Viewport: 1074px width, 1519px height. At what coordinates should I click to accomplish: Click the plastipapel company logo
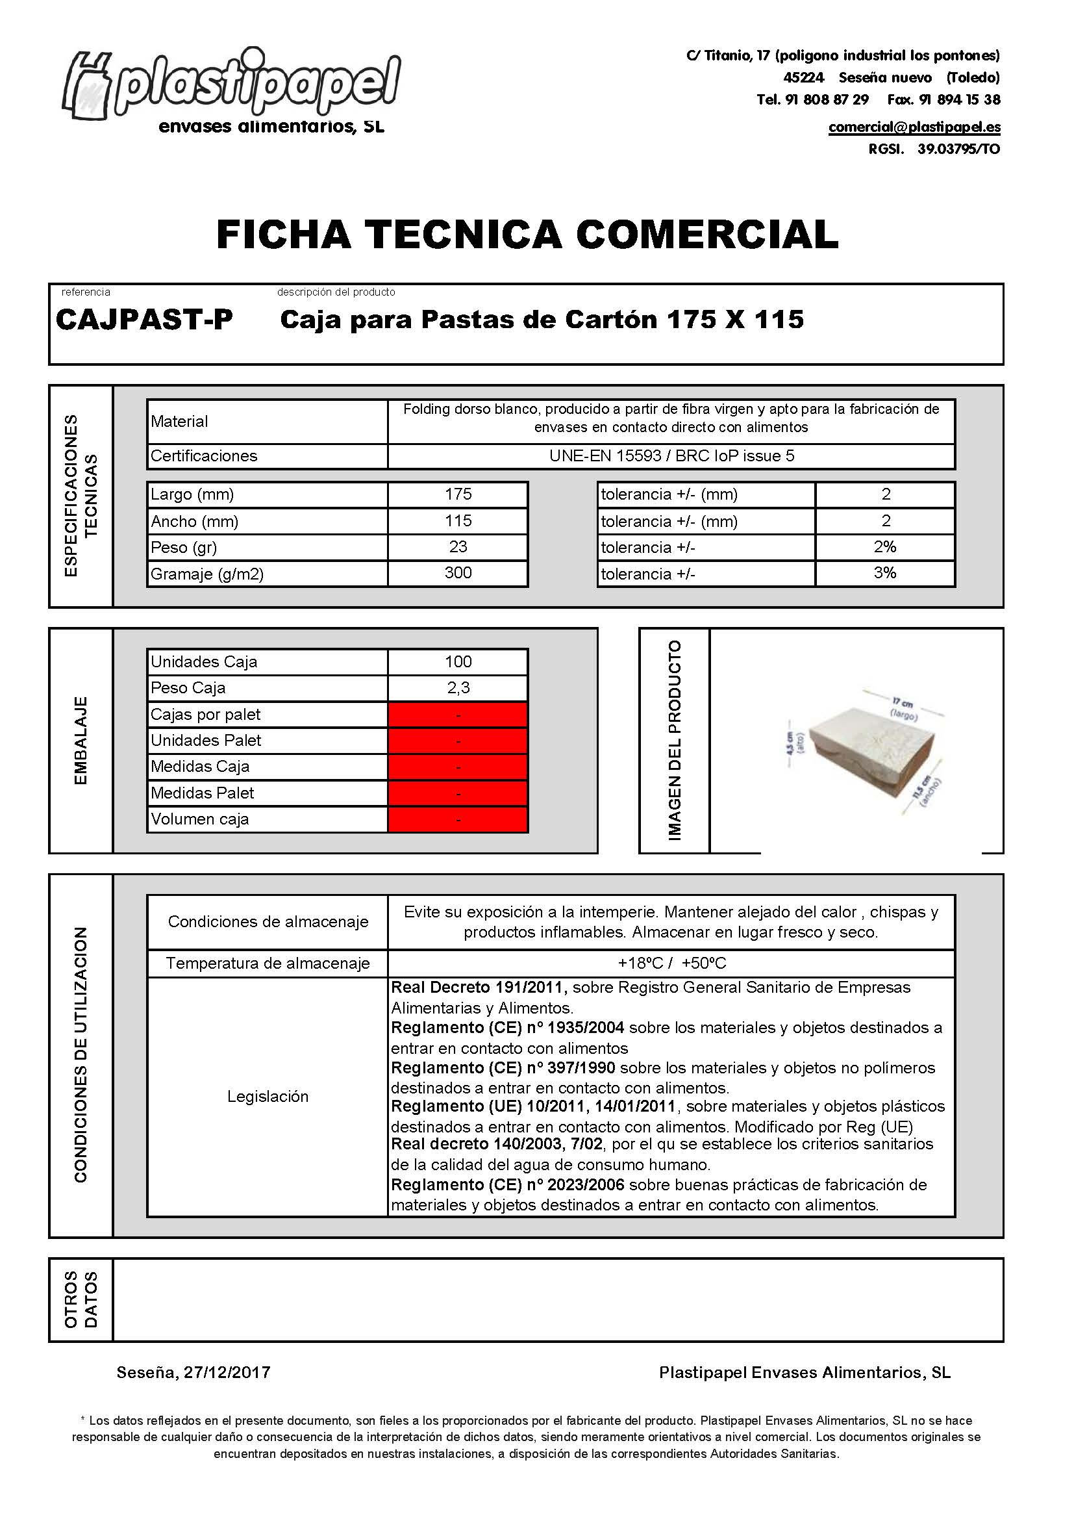pyautogui.click(x=231, y=89)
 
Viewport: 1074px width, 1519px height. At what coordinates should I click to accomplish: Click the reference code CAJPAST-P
pyautogui.click(x=144, y=320)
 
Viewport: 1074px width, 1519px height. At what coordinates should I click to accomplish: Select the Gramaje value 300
pyautogui.click(x=458, y=573)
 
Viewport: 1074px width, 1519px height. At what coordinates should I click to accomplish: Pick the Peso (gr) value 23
pyautogui.click(x=458, y=546)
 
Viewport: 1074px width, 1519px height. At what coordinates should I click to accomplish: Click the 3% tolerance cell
pyautogui.click(x=885, y=573)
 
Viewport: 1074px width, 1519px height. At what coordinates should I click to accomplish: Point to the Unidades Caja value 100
pyautogui.click(x=458, y=661)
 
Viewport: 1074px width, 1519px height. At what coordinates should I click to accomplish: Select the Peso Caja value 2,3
pyautogui.click(x=458, y=688)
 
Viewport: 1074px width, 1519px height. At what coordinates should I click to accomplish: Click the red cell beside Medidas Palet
pyautogui.click(x=458, y=793)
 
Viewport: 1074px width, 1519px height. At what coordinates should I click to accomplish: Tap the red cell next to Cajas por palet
pyautogui.click(x=458, y=715)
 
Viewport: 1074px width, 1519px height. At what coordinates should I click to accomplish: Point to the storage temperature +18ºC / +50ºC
pyautogui.click(x=671, y=964)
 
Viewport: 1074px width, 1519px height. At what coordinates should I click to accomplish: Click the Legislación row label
pyautogui.click(x=268, y=1097)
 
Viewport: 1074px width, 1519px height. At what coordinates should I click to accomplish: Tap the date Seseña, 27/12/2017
pyautogui.click(x=194, y=1373)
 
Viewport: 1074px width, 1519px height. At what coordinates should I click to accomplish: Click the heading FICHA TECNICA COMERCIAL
pyautogui.click(x=527, y=235)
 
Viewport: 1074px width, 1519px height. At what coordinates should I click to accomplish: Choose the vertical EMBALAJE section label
pyautogui.click(x=81, y=741)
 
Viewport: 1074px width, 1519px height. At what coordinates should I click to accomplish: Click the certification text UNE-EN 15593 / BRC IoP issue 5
pyautogui.click(x=671, y=456)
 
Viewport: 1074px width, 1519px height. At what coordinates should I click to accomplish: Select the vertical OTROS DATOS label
pyautogui.click(x=81, y=1299)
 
